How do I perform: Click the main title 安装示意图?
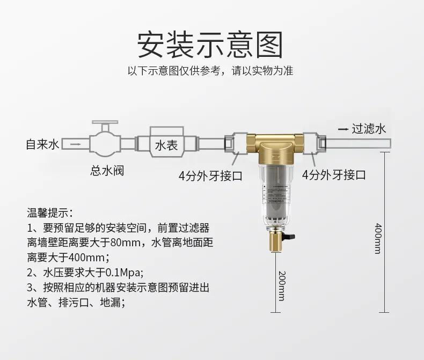point(210,44)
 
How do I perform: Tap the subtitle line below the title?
point(210,71)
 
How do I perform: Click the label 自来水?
point(42,144)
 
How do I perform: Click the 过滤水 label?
point(369,129)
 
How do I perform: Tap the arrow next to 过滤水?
point(342,129)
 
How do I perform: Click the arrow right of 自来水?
point(75,144)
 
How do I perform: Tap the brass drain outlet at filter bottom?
point(273,244)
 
